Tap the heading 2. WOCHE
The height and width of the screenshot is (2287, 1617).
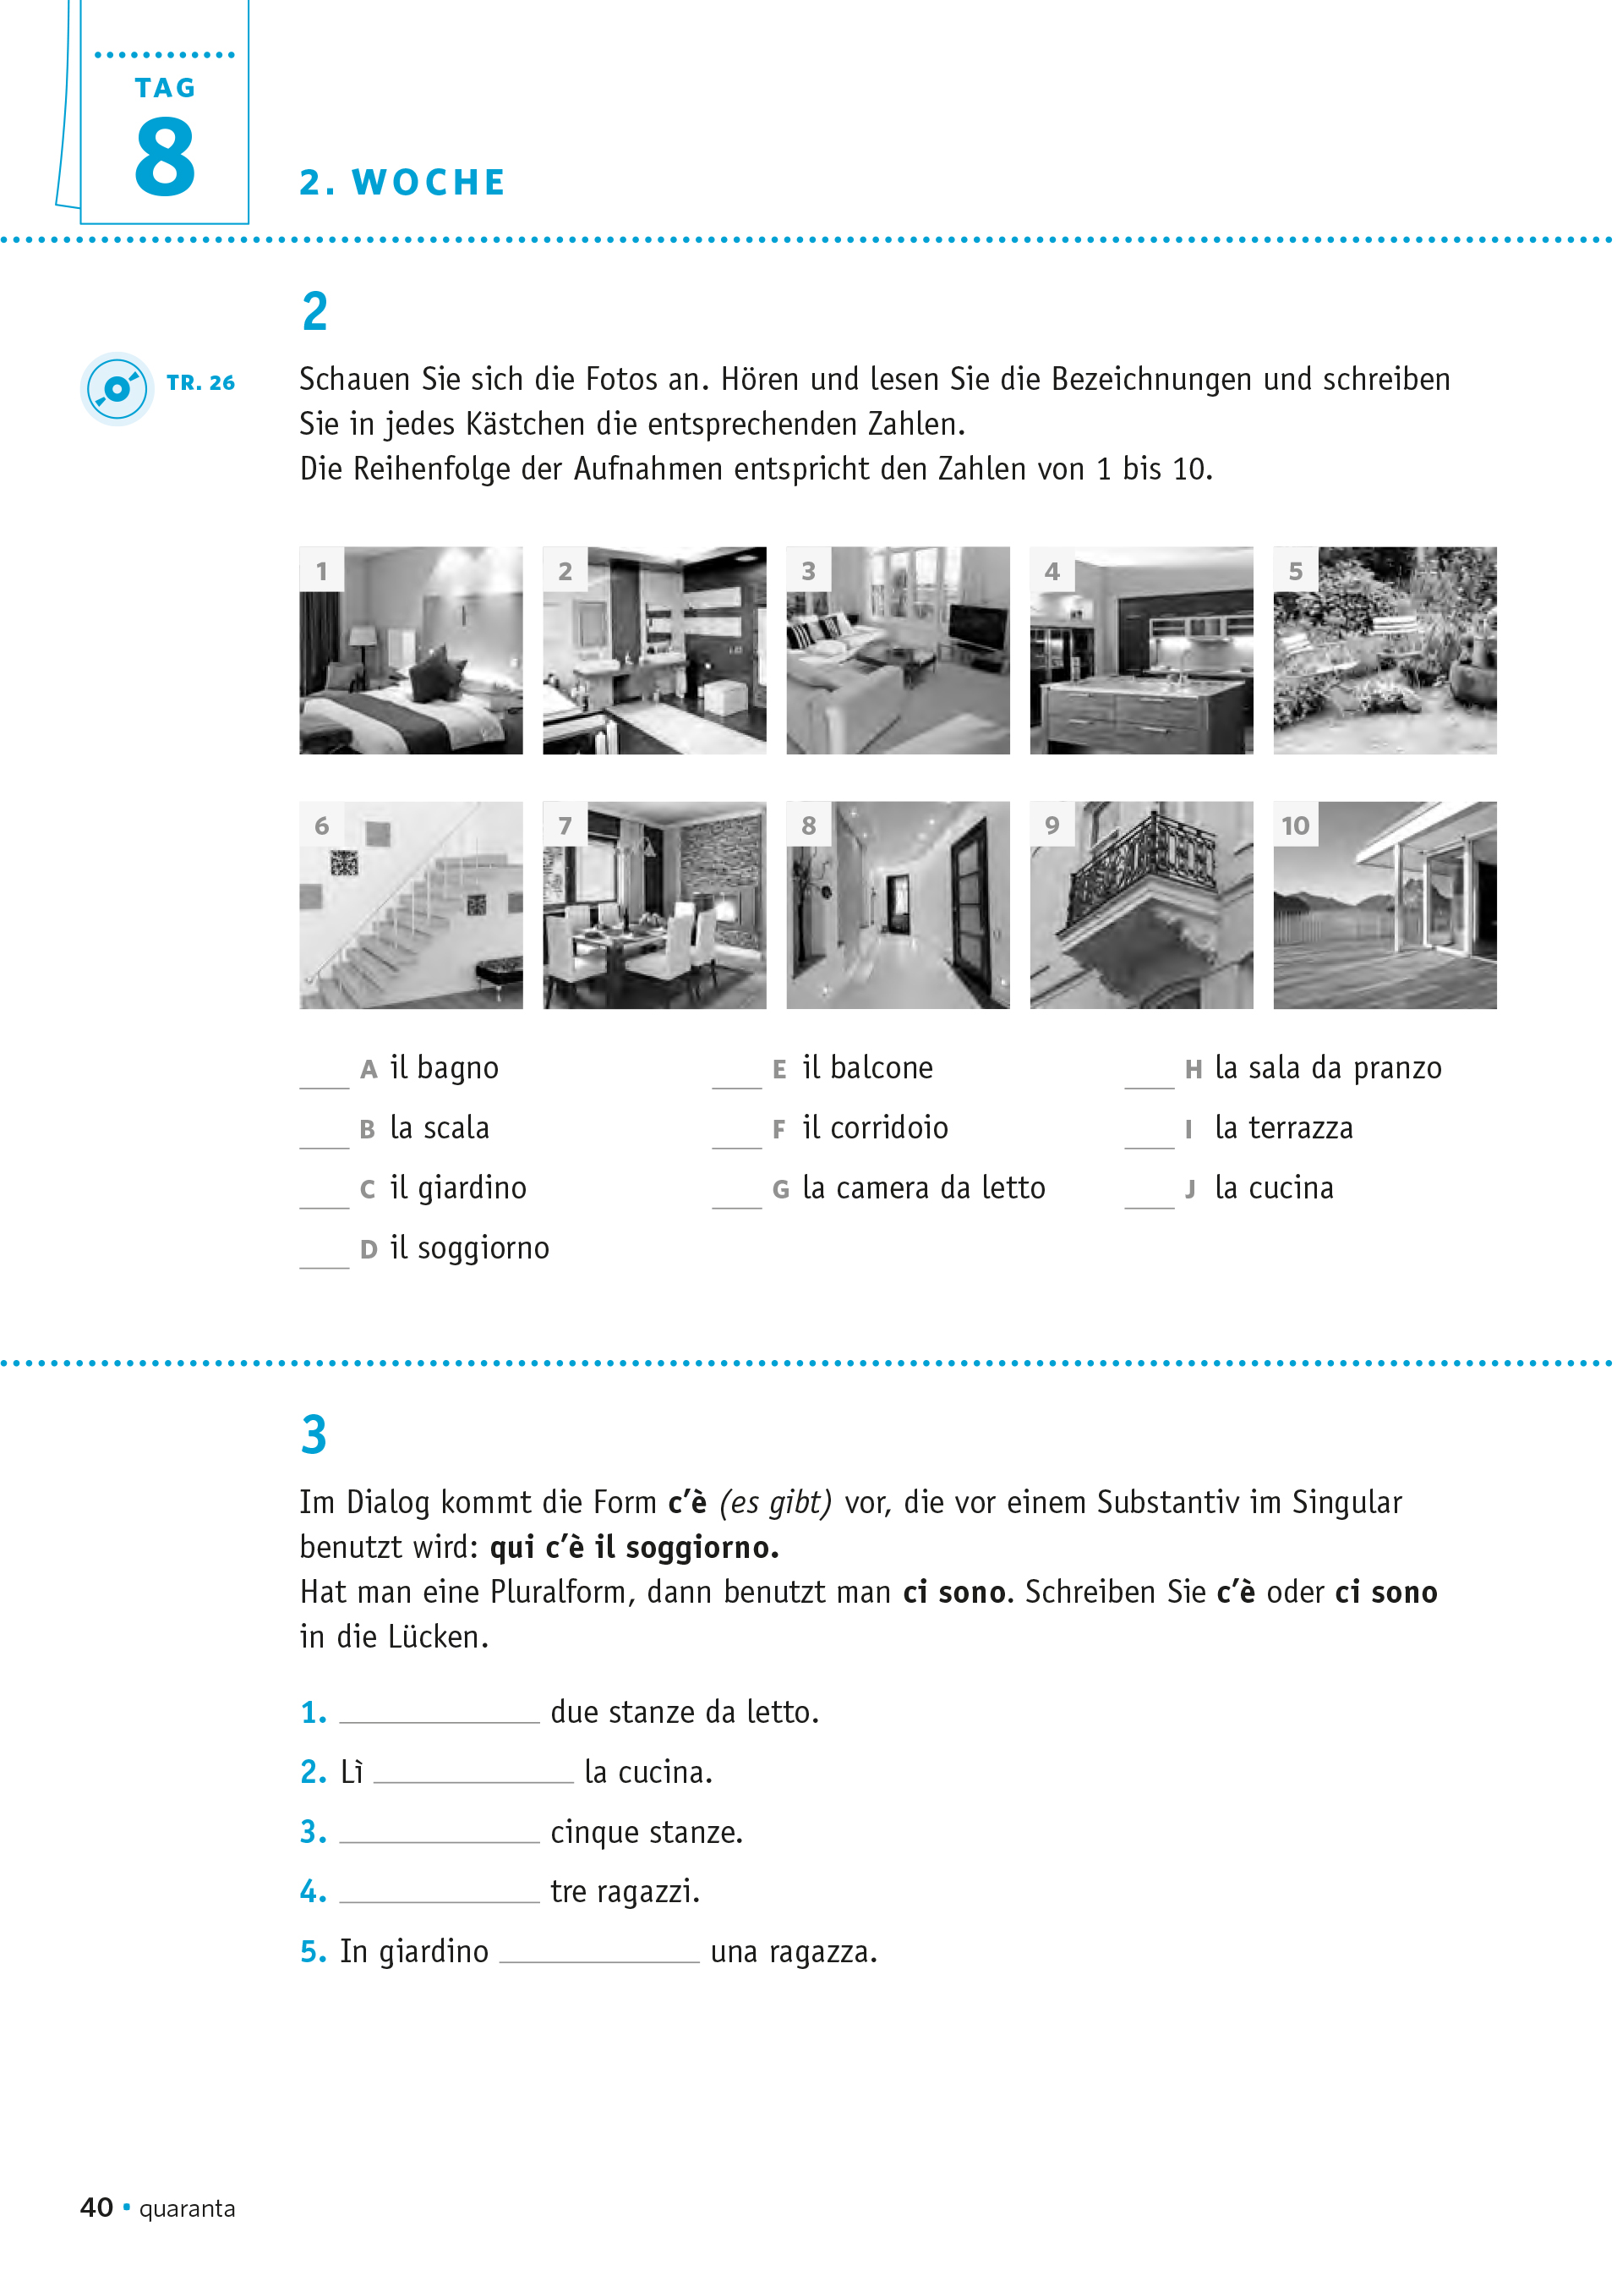402,183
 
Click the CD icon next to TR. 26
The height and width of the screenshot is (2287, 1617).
117,388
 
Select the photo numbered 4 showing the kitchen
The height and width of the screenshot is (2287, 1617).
1141,650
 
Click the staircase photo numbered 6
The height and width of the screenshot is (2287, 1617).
410,906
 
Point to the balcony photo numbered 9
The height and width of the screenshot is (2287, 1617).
1141,906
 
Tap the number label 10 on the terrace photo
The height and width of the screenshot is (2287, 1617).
1296,825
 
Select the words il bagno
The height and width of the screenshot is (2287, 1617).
444,1067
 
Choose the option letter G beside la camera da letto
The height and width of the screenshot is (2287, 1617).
781,1189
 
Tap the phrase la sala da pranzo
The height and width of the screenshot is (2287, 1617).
1327,1067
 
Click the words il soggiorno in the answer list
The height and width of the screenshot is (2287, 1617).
469,1248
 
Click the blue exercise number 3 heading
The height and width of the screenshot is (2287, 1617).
314,1435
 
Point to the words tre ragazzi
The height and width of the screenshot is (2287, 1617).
625,1891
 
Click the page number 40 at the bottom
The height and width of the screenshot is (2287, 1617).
96,2207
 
